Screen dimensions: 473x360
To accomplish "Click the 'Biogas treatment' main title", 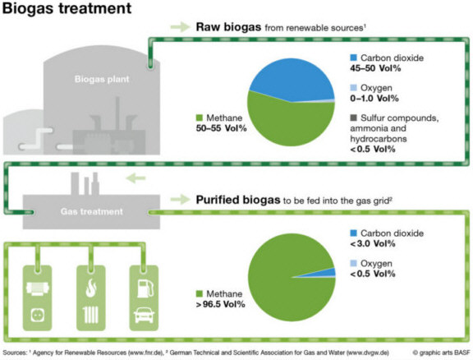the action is pyautogui.click(x=67, y=8).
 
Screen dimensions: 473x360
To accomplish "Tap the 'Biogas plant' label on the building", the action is pyautogui.click(x=102, y=79).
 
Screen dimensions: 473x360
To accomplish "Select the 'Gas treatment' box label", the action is pyautogui.click(x=92, y=211).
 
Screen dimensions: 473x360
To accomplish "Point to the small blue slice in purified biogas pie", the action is pyautogui.click(x=328, y=272).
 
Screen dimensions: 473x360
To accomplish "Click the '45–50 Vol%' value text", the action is pyautogui.click(x=375, y=68).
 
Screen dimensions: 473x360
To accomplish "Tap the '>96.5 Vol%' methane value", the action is pyautogui.click(x=221, y=304).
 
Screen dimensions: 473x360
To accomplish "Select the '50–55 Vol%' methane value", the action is pyautogui.click(x=221, y=128).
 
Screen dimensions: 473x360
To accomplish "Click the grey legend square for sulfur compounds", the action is pyautogui.click(x=353, y=118).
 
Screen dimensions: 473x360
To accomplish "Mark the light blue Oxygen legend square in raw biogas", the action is pyautogui.click(x=353, y=87).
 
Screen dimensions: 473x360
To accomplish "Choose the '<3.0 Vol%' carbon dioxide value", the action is pyautogui.click(x=373, y=243).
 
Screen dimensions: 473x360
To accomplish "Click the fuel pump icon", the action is pyautogui.click(x=145, y=288).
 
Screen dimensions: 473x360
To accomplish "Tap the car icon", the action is pyautogui.click(x=145, y=315).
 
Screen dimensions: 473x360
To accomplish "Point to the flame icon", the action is pyautogui.click(x=91, y=288).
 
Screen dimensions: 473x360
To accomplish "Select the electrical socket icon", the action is pyautogui.click(x=38, y=316).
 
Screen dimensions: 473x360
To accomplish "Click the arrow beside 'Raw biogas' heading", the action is pyautogui.click(x=180, y=27).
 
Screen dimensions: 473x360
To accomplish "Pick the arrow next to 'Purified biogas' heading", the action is pyautogui.click(x=180, y=200).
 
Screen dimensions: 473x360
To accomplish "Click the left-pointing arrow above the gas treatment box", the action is pyautogui.click(x=135, y=178).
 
